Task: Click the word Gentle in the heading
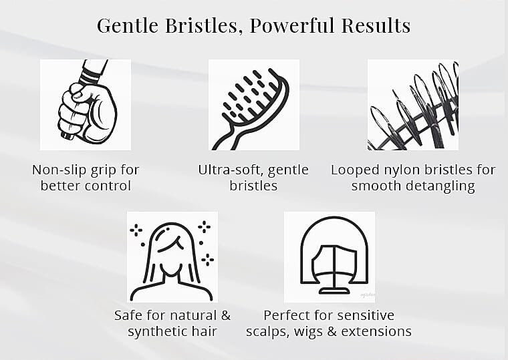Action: point(128,26)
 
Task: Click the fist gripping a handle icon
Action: point(86,105)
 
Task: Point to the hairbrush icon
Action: point(253,105)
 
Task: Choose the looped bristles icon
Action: point(412,105)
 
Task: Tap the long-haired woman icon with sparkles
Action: point(172,257)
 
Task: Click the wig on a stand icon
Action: point(329,257)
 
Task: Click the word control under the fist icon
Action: point(108,186)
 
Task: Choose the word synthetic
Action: point(158,331)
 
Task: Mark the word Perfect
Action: point(288,315)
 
